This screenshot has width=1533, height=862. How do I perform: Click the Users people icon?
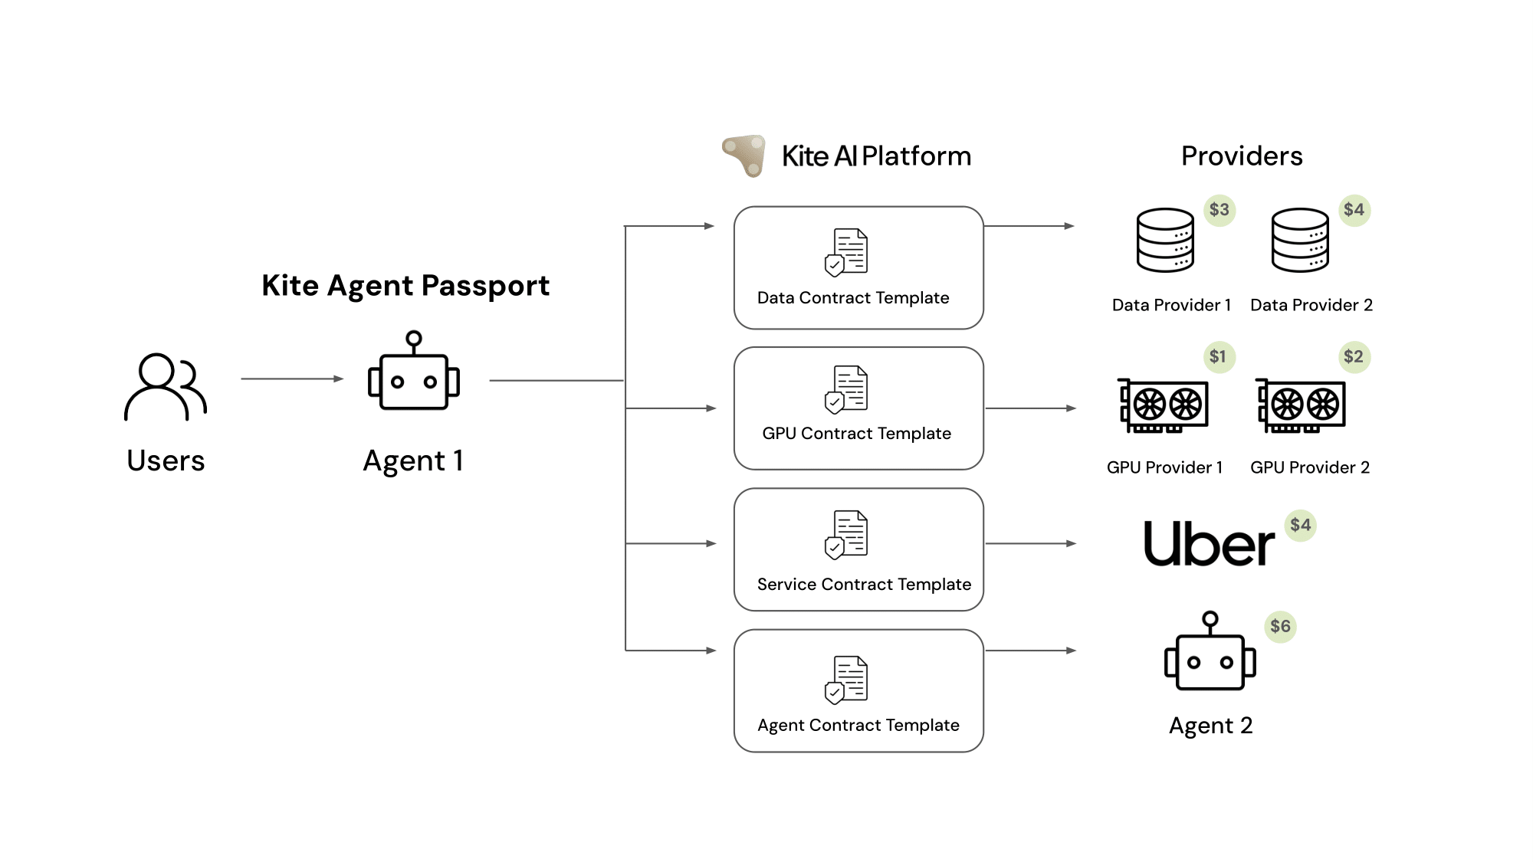pyautogui.click(x=166, y=387)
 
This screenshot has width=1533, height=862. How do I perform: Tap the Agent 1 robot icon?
pyautogui.click(x=414, y=372)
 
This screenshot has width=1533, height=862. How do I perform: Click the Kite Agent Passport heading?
pyautogui.click(x=405, y=286)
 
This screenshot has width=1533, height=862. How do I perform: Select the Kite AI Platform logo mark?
pyautogui.click(x=744, y=156)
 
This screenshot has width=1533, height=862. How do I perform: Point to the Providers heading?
pyautogui.click(x=1242, y=156)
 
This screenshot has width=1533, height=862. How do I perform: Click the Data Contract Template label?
pyautogui.click(x=853, y=298)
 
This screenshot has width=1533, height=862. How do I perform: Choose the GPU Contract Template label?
pyautogui.click(x=856, y=434)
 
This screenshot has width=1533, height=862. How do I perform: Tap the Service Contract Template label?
pyautogui.click(x=864, y=585)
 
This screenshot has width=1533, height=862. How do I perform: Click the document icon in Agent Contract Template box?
pyautogui.click(x=847, y=680)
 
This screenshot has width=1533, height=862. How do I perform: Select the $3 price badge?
pyautogui.click(x=1219, y=210)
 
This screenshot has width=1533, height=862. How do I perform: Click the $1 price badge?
pyautogui.click(x=1218, y=357)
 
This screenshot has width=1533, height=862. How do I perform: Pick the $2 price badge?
pyautogui.click(x=1354, y=357)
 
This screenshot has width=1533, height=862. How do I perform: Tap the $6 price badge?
pyautogui.click(x=1280, y=627)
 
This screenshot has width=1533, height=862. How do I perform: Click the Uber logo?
pyautogui.click(x=1209, y=545)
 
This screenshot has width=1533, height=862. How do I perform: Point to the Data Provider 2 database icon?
pyautogui.click(x=1300, y=241)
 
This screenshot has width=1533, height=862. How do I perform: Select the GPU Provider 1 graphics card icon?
pyautogui.click(x=1163, y=405)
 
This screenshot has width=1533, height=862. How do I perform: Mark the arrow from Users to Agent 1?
pyautogui.click(x=292, y=379)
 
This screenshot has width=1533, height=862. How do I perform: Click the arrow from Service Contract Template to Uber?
pyautogui.click(x=1031, y=544)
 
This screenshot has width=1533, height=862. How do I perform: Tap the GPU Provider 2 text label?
pyautogui.click(x=1310, y=468)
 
